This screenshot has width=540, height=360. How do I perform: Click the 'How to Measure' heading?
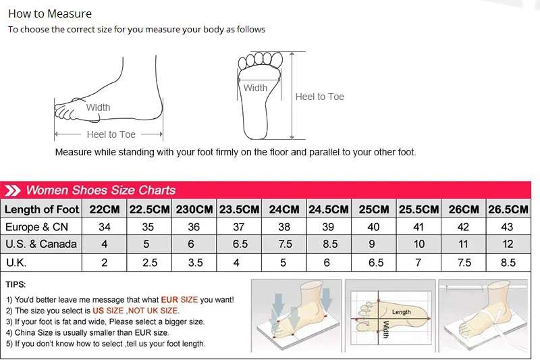pyautogui.click(x=50, y=14)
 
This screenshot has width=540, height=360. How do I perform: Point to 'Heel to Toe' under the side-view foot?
pyautogui.click(x=111, y=134)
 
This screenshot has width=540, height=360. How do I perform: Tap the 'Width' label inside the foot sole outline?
pyautogui.click(x=255, y=88)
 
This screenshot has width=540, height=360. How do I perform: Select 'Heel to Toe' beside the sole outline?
pyautogui.click(x=319, y=97)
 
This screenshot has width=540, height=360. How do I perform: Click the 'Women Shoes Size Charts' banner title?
pyautogui.click(x=101, y=190)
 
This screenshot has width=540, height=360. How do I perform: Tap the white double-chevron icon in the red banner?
pyautogui.click(x=12, y=190)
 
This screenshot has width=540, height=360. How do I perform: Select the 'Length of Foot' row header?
pyautogui.click(x=42, y=209)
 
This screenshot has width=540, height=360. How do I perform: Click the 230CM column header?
pyautogui.click(x=194, y=209)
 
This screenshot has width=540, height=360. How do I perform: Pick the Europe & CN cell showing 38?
pyautogui.click(x=284, y=227)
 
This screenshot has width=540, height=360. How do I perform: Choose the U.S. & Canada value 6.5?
pyautogui.click(x=240, y=244)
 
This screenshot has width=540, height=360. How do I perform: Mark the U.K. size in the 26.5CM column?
pyautogui.click(x=508, y=262)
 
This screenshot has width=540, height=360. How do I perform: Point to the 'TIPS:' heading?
pyautogui.click(x=16, y=285)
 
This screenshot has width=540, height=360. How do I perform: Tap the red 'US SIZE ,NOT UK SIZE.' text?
pyautogui.click(x=136, y=311)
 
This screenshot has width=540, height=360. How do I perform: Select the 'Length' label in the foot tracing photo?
pyautogui.click(x=401, y=312)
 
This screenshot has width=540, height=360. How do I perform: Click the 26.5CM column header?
pyautogui.click(x=508, y=209)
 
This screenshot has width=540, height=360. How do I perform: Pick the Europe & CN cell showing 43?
pyautogui.click(x=508, y=227)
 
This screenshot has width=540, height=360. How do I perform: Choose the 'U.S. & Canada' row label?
pyautogui.click(x=41, y=244)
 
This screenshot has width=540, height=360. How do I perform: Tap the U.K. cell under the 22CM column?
pyautogui.click(x=105, y=262)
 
